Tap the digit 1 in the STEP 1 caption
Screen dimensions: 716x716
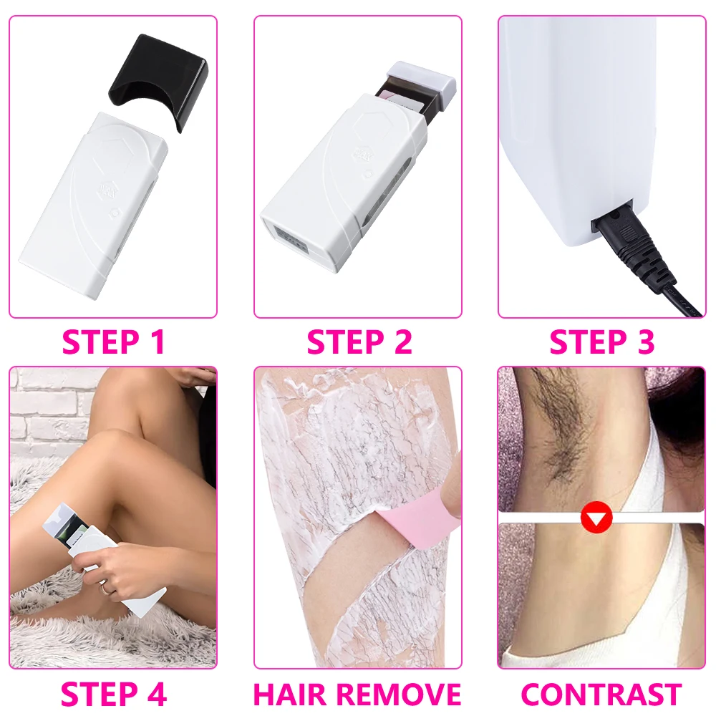pos(157,342)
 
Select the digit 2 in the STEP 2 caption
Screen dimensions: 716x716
pos(402,342)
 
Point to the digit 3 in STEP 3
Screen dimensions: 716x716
pos(644,342)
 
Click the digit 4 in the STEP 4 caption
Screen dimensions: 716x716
pos(155,695)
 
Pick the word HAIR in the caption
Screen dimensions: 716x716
pos(291,695)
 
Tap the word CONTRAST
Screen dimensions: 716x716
pos(601,695)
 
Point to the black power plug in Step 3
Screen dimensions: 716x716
pos(630,243)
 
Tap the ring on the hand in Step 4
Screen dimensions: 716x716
pos(105,588)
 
